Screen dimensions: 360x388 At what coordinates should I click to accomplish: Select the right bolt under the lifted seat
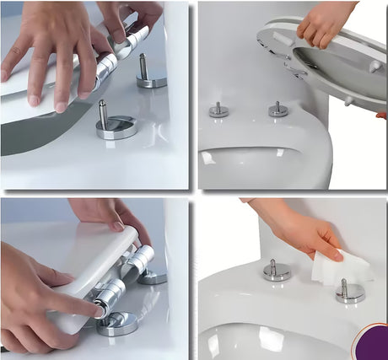(x=278, y=109)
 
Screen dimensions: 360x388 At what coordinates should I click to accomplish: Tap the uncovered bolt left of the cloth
(x=276, y=269)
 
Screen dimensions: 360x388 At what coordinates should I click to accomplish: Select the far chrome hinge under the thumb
(x=139, y=258)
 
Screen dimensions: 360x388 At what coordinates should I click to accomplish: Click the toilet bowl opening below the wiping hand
(x=253, y=342)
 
